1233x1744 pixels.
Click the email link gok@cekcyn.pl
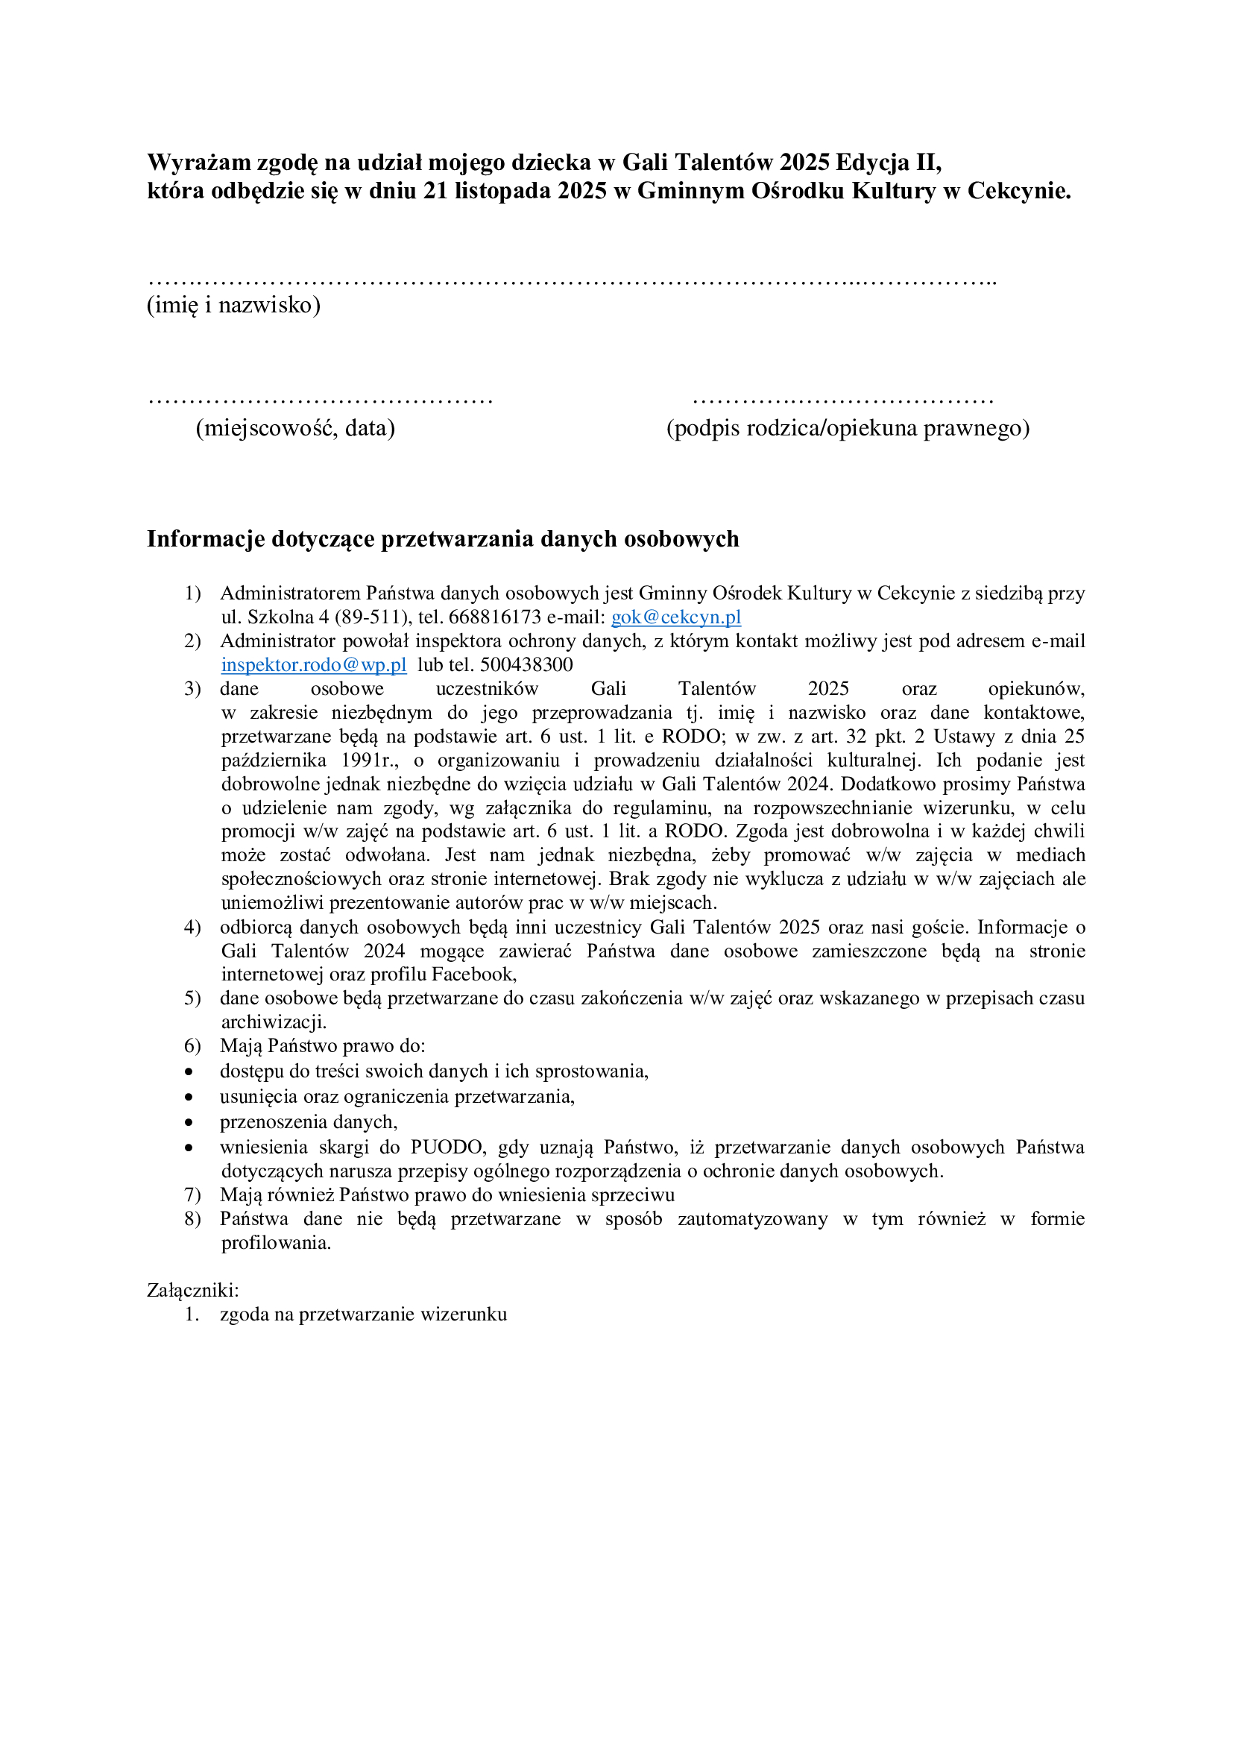pos(675,617)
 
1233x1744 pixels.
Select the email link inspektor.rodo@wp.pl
pos(314,664)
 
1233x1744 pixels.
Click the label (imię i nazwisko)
pos(233,306)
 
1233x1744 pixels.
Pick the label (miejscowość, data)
pos(295,429)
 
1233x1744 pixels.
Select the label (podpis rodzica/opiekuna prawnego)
pos(848,429)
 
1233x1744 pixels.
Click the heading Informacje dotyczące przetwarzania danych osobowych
pos(443,538)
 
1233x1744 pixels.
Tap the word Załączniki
pos(193,1290)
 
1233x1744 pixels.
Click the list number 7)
pos(192,1194)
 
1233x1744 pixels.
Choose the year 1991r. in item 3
pos(369,761)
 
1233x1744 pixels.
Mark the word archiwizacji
pos(274,1021)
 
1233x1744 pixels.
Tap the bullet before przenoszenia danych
pos(189,1123)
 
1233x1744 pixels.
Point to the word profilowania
pos(276,1243)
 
